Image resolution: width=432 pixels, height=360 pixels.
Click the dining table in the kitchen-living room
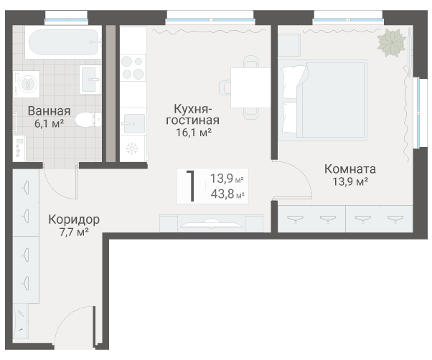coord(249,89)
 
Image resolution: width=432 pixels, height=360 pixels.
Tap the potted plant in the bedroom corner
coord(393,42)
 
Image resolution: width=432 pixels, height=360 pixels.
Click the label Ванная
coord(49,111)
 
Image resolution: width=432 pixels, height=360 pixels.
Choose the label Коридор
coord(74,219)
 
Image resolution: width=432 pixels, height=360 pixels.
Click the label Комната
coord(350,169)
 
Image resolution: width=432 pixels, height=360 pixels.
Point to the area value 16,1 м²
coord(193,133)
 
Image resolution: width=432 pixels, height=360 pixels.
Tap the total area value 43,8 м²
coord(227,194)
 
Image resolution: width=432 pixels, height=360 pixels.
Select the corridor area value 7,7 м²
coord(74,232)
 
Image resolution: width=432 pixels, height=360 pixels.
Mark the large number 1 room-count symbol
coord(190,186)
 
